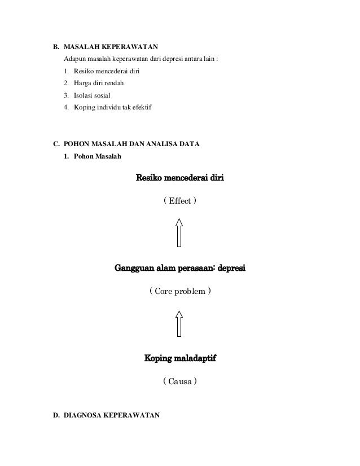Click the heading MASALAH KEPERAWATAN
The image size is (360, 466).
(111, 47)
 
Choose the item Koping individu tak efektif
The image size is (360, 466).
(109, 107)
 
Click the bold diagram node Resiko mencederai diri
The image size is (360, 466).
(180, 179)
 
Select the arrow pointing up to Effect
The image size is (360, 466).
(179, 232)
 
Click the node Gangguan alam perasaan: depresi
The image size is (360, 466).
(180, 267)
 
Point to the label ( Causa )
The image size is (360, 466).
(180, 382)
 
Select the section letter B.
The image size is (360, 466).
(56, 47)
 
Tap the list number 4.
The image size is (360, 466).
(67, 107)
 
